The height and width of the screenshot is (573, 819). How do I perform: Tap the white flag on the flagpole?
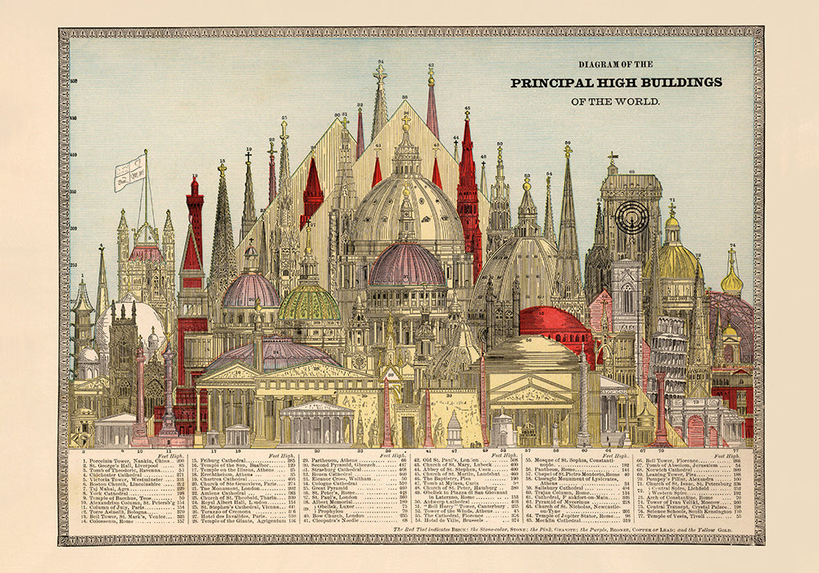(x=129, y=171)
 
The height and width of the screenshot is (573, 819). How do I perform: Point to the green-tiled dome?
(x=309, y=303)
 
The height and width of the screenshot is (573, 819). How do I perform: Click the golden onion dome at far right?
(x=731, y=281)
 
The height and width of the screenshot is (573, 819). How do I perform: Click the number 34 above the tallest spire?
(x=380, y=62)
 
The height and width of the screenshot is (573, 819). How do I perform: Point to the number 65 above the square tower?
(x=631, y=172)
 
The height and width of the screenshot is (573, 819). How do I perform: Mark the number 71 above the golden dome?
(x=672, y=201)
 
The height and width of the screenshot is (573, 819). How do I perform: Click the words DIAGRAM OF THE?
(x=616, y=64)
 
